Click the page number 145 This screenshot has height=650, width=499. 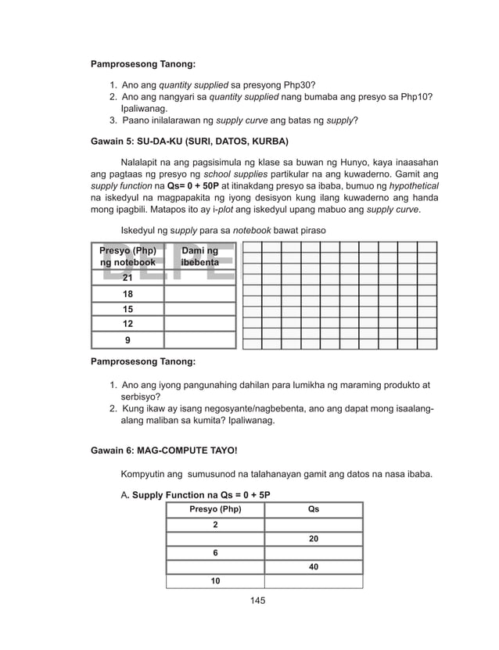point(249,600)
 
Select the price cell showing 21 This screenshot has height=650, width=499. point(127,278)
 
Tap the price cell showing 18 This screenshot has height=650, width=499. point(127,293)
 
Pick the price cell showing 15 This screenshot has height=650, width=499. point(127,309)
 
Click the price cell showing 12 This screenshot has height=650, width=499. point(127,324)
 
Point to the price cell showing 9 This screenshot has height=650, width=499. point(127,340)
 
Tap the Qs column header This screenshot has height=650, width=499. point(314,510)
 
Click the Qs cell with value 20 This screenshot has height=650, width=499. point(314,539)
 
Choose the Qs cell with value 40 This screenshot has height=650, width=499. point(314,567)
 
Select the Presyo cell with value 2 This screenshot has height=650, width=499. point(215,525)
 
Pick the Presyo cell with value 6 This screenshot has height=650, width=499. point(215,553)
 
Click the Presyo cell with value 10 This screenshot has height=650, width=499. point(215,581)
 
